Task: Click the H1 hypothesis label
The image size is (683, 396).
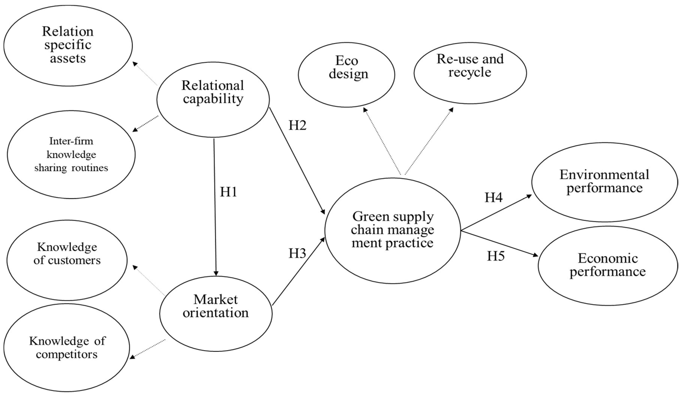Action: tap(228, 192)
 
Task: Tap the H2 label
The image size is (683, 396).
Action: tap(297, 125)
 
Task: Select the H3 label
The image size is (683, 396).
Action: tap(297, 253)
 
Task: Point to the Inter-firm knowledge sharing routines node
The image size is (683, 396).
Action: tap(71, 154)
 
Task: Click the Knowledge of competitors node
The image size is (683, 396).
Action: tap(67, 347)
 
